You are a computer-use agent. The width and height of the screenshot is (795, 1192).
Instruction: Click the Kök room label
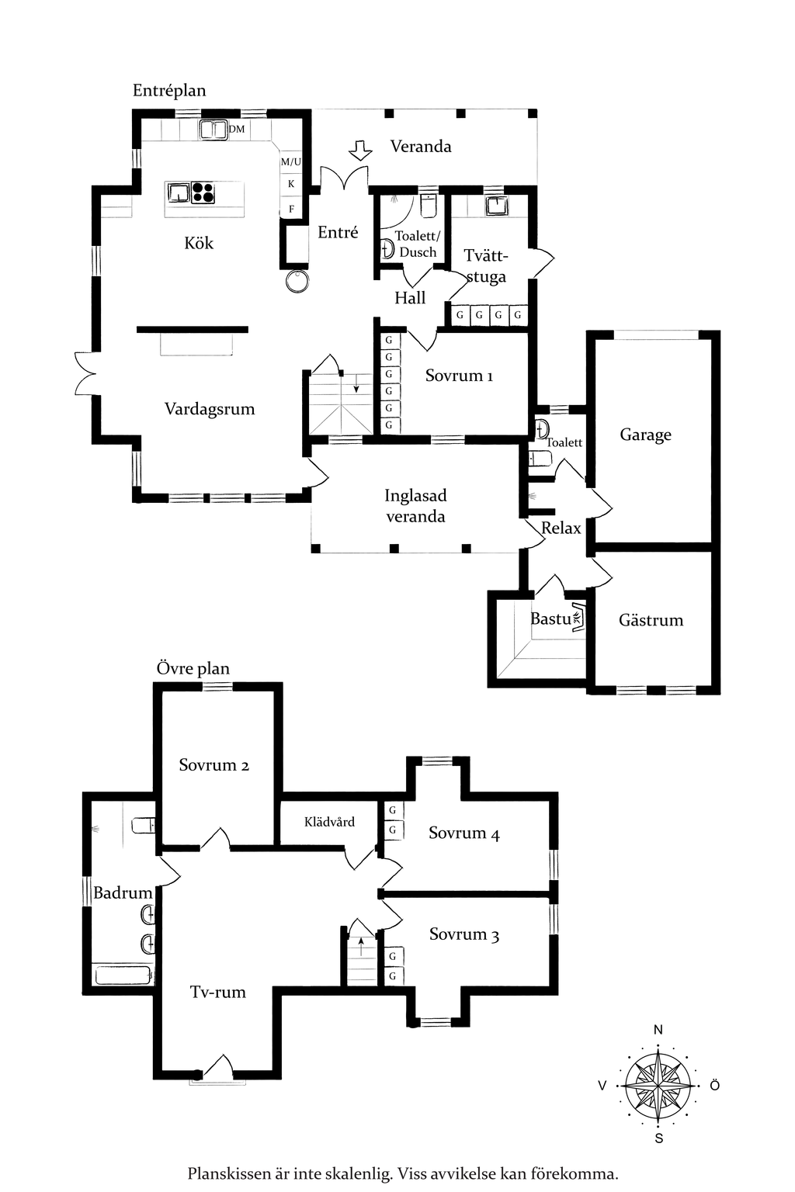tap(199, 243)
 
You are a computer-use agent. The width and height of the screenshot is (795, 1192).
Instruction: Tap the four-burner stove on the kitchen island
tap(203, 192)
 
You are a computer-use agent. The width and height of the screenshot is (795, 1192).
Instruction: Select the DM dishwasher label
tap(237, 129)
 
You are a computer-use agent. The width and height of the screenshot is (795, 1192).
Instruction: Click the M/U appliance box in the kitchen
tap(290, 161)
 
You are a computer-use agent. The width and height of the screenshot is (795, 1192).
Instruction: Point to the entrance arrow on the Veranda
tap(360, 150)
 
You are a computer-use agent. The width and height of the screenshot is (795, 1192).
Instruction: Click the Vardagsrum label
tap(210, 409)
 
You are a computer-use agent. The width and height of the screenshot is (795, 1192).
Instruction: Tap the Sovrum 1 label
tap(459, 376)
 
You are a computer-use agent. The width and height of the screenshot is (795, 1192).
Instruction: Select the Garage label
tap(645, 435)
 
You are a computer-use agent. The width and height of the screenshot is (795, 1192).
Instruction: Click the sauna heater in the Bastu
tap(578, 618)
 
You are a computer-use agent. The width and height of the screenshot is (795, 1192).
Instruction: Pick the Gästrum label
tap(651, 620)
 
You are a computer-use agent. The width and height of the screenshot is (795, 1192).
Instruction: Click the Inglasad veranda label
tap(415, 506)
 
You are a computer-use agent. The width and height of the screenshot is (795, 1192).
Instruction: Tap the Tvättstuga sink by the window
tap(496, 206)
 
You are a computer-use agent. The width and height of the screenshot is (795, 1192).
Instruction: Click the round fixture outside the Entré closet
tap(297, 281)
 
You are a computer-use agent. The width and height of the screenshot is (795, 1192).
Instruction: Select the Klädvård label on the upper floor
tap(329, 822)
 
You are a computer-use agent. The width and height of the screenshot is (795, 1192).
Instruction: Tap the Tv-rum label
tap(218, 992)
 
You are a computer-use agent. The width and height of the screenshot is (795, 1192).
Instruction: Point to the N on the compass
tap(658, 1030)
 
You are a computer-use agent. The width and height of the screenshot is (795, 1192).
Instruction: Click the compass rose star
tap(658, 1086)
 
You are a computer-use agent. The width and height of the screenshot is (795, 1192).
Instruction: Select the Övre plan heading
tap(193, 668)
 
